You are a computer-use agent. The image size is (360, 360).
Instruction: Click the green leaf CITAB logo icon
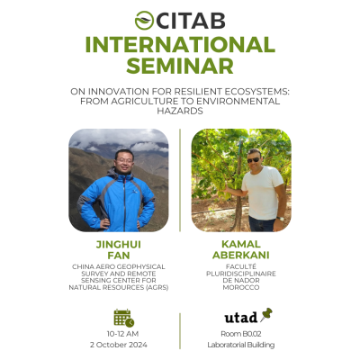point(144,21)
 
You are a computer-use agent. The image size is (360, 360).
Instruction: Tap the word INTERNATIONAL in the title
point(180,44)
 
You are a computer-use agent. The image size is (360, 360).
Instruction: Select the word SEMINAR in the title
point(180,66)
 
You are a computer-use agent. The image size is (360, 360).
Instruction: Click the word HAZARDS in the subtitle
point(180,111)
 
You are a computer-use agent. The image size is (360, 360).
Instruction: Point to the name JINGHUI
point(119,245)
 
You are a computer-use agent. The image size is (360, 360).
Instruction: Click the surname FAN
point(119,256)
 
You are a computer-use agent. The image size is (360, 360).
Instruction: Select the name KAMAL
point(241,244)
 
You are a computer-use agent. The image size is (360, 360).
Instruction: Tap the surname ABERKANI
point(241,255)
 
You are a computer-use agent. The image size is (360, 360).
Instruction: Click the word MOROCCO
point(241,287)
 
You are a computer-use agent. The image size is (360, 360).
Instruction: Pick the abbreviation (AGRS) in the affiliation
point(157,287)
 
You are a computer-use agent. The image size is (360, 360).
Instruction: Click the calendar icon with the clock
point(124,318)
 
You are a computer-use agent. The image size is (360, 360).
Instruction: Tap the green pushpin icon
point(266,314)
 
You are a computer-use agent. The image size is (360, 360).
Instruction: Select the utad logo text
point(241,318)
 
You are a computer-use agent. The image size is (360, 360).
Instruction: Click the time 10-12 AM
point(122,334)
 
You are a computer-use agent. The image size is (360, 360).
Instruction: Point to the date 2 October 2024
point(119,345)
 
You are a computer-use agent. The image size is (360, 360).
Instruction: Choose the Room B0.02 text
point(241,334)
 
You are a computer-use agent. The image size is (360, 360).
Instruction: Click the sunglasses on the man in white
point(254,160)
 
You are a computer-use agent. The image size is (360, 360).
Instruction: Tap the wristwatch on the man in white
point(281,219)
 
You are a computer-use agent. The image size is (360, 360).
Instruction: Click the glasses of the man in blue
point(124,161)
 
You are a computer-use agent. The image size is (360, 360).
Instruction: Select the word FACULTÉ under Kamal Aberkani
point(241,266)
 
